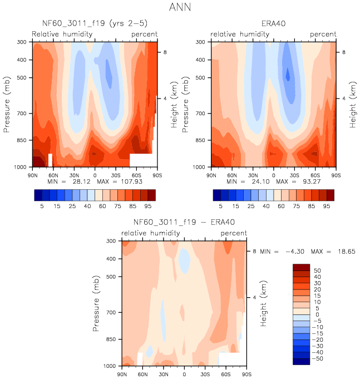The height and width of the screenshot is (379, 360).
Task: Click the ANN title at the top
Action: [x=180, y=8]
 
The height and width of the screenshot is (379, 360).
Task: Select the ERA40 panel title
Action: [x=273, y=23]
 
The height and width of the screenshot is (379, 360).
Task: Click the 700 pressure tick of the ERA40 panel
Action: [x=199, y=114]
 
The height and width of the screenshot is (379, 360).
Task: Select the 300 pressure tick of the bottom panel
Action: [x=110, y=241]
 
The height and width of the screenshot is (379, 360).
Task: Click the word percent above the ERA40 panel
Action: [x=323, y=34]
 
